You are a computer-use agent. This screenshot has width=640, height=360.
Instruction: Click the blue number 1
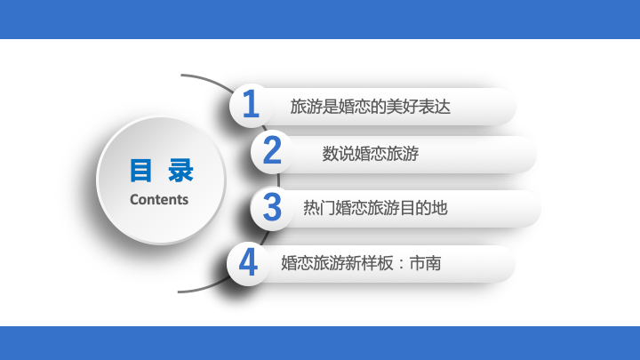click(251, 104)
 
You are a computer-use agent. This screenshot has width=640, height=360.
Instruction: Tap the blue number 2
click(272, 150)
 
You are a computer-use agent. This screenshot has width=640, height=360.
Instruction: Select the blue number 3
click(272, 207)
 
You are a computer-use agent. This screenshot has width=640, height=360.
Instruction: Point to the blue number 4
click(248, 262)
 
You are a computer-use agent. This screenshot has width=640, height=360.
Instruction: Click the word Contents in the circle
click(159, 200)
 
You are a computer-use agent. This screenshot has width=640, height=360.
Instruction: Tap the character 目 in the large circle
click(140, 171)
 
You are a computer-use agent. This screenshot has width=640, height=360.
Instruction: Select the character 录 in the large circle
click(180, 171)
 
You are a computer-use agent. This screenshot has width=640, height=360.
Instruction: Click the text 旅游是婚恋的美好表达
click(370, 107)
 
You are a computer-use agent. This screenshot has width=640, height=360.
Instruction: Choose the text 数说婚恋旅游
click(370, 154)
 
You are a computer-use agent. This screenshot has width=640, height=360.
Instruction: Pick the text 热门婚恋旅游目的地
click(375, 208)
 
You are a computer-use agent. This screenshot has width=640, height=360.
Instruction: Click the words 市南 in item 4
click(425, 263)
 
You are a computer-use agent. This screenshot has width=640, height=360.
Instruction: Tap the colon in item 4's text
click(401, 264)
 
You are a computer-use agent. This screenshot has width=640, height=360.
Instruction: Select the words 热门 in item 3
click(319, 208)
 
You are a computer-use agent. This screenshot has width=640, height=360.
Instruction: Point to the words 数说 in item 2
click(338, 154)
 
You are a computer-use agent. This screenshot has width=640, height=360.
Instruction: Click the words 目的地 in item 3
click(424, 208)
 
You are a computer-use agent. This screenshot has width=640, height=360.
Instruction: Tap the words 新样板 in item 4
click(369, 263)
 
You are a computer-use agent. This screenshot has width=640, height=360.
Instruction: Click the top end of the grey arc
click(181, 75)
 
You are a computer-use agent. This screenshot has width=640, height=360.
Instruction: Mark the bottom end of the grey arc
click(179, 292)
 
